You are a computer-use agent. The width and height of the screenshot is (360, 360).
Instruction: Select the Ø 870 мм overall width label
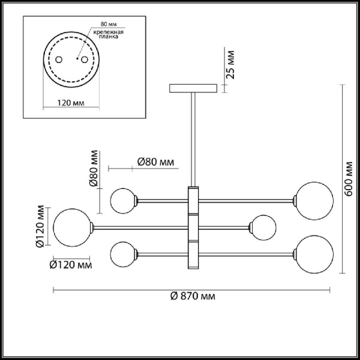193,296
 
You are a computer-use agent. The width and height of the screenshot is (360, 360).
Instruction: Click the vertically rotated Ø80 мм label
94,169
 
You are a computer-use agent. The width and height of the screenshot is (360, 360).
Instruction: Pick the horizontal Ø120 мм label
71,263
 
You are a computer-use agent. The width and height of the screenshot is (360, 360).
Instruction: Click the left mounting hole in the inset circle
59,60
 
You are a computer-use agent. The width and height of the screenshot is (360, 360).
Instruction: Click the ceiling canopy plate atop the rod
193,88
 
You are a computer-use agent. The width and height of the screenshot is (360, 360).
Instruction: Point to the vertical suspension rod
193,138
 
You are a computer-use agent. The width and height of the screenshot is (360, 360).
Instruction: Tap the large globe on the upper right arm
313,198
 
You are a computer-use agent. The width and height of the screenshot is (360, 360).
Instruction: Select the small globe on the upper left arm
123,199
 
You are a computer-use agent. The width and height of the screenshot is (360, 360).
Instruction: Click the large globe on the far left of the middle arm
71,226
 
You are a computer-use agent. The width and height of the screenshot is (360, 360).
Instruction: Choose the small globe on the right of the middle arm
263,226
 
